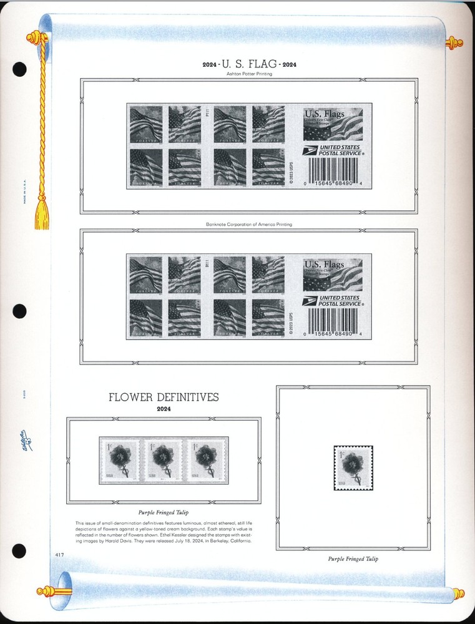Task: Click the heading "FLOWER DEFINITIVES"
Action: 164,397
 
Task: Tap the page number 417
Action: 59,553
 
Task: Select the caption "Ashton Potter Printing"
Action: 249,74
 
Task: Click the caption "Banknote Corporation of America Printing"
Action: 249,224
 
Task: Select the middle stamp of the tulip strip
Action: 164,461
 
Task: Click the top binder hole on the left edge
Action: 19,69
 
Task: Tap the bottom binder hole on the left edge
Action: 19,552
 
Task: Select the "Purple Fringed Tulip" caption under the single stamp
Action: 353,558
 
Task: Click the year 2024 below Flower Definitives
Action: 164,409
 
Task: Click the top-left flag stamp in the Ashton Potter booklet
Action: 145,124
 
